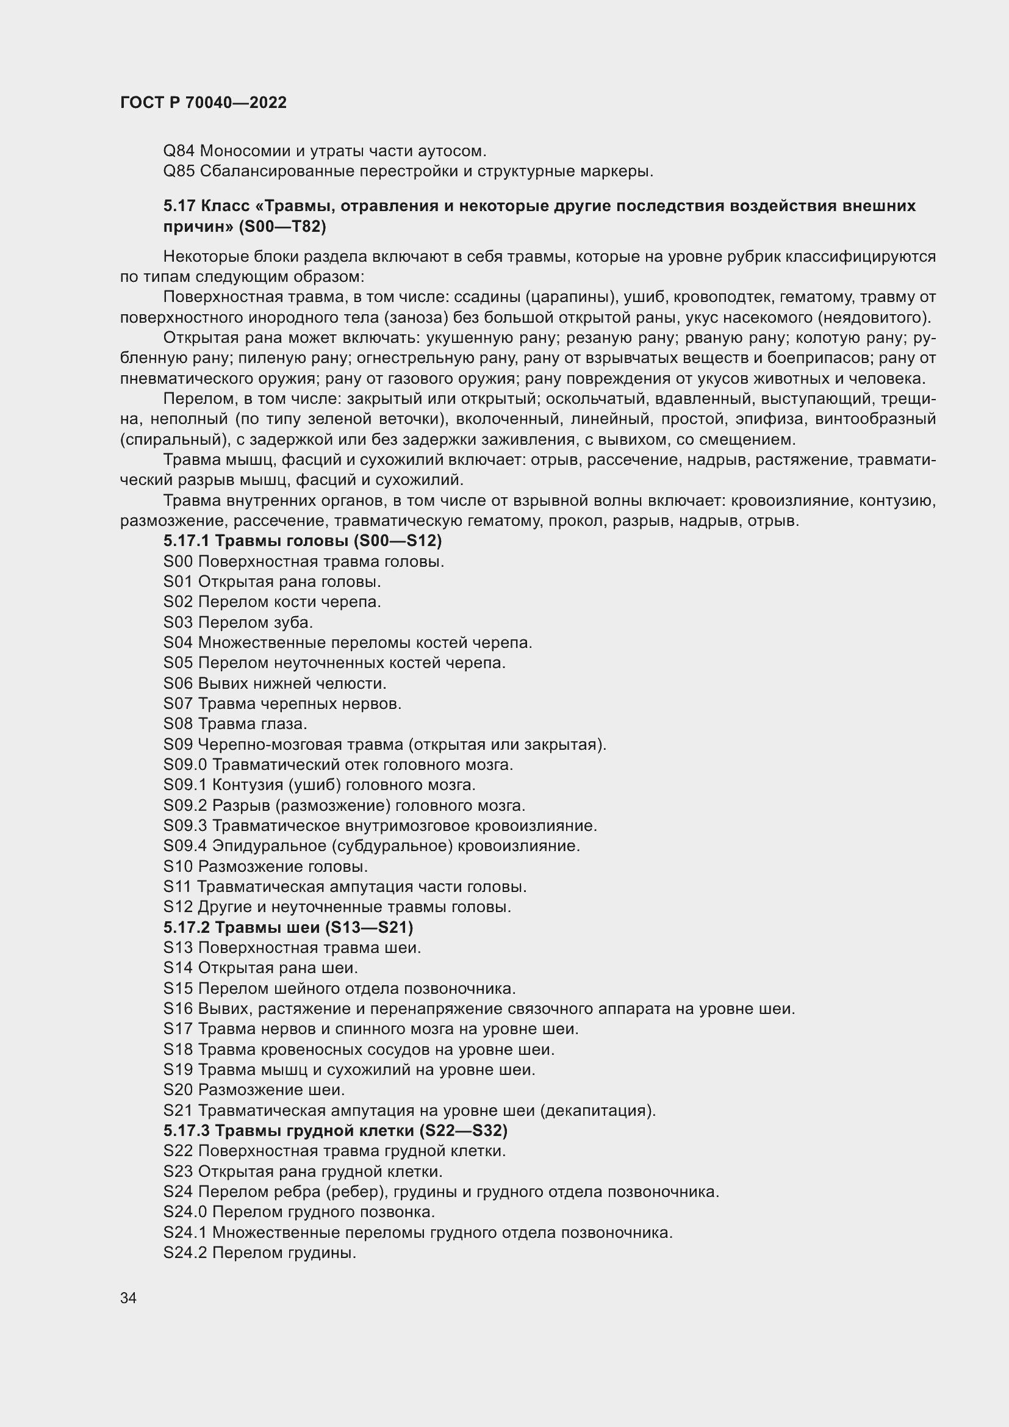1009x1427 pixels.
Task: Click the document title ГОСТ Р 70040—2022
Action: (x=203, y=103)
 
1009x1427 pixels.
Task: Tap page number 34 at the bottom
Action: (x=128, y=1298)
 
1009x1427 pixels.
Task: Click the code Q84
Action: (x=179, y=151)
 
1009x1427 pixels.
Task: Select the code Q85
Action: (x=179, y=171)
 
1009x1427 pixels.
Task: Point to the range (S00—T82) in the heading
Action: (x=282, y=226)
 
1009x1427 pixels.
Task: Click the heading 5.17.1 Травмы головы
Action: (x=303, y=541)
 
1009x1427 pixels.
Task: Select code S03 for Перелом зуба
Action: (x=178, y=622)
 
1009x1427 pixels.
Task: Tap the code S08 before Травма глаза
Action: (x=178, y=724)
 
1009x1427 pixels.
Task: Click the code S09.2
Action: (x=185, y=805)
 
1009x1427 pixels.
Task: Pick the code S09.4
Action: (x=185, y=846)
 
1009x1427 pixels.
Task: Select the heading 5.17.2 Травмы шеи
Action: (x=289, y=927)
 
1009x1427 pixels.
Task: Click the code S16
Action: (x=178, y=1008)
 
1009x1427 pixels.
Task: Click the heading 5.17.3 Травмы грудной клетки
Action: (x=336, y=1130)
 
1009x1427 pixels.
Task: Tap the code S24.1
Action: (x=185, y=1232)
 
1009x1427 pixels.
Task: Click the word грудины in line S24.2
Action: (x=323, y=1253)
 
